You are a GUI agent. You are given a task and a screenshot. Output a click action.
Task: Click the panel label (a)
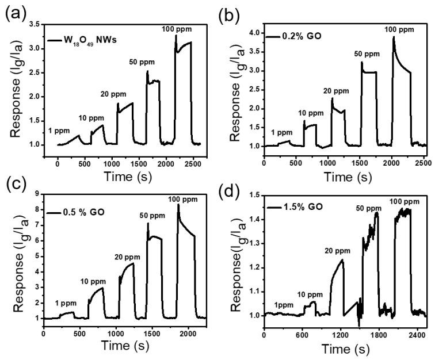(16, 10)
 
